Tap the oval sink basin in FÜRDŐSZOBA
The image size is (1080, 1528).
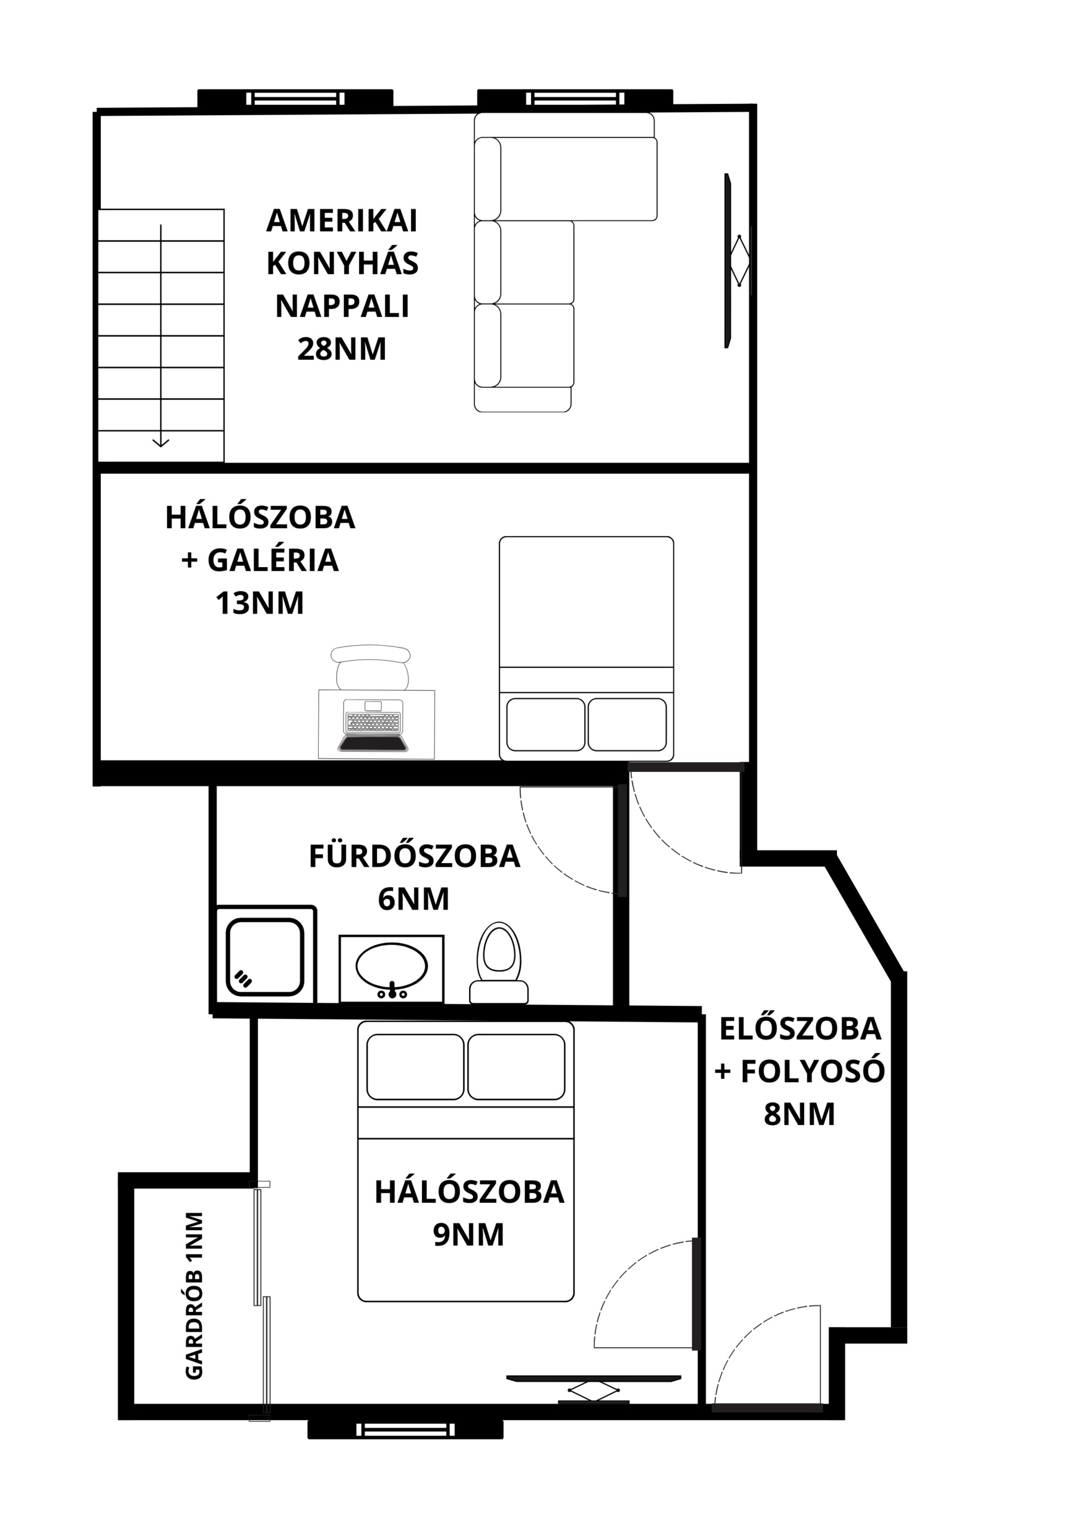pos(391,966)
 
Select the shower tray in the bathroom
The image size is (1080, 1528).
pos(265,957)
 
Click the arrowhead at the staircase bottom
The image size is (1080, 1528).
pos(161,442)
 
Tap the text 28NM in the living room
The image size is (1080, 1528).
pos(341,349)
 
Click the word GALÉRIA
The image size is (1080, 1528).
pos(273,560)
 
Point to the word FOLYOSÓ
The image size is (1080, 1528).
pos(813,1072)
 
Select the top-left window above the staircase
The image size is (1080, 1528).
pos(295,98)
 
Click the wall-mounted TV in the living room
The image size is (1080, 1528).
pos(728,260)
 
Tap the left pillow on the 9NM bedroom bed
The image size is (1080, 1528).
pos(415,1066)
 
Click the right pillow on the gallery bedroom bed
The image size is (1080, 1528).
pos(627,724)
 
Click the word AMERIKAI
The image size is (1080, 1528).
pos(341,221)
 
